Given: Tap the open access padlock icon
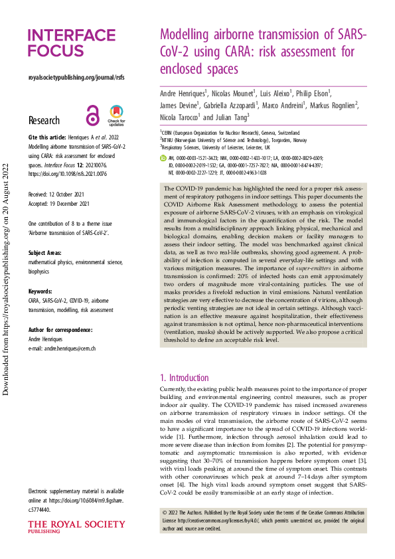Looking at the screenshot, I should (92, 116).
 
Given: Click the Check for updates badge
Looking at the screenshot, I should (116, 116).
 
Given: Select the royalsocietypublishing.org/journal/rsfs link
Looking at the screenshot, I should (76, 78).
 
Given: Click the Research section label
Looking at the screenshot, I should (44, 120).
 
